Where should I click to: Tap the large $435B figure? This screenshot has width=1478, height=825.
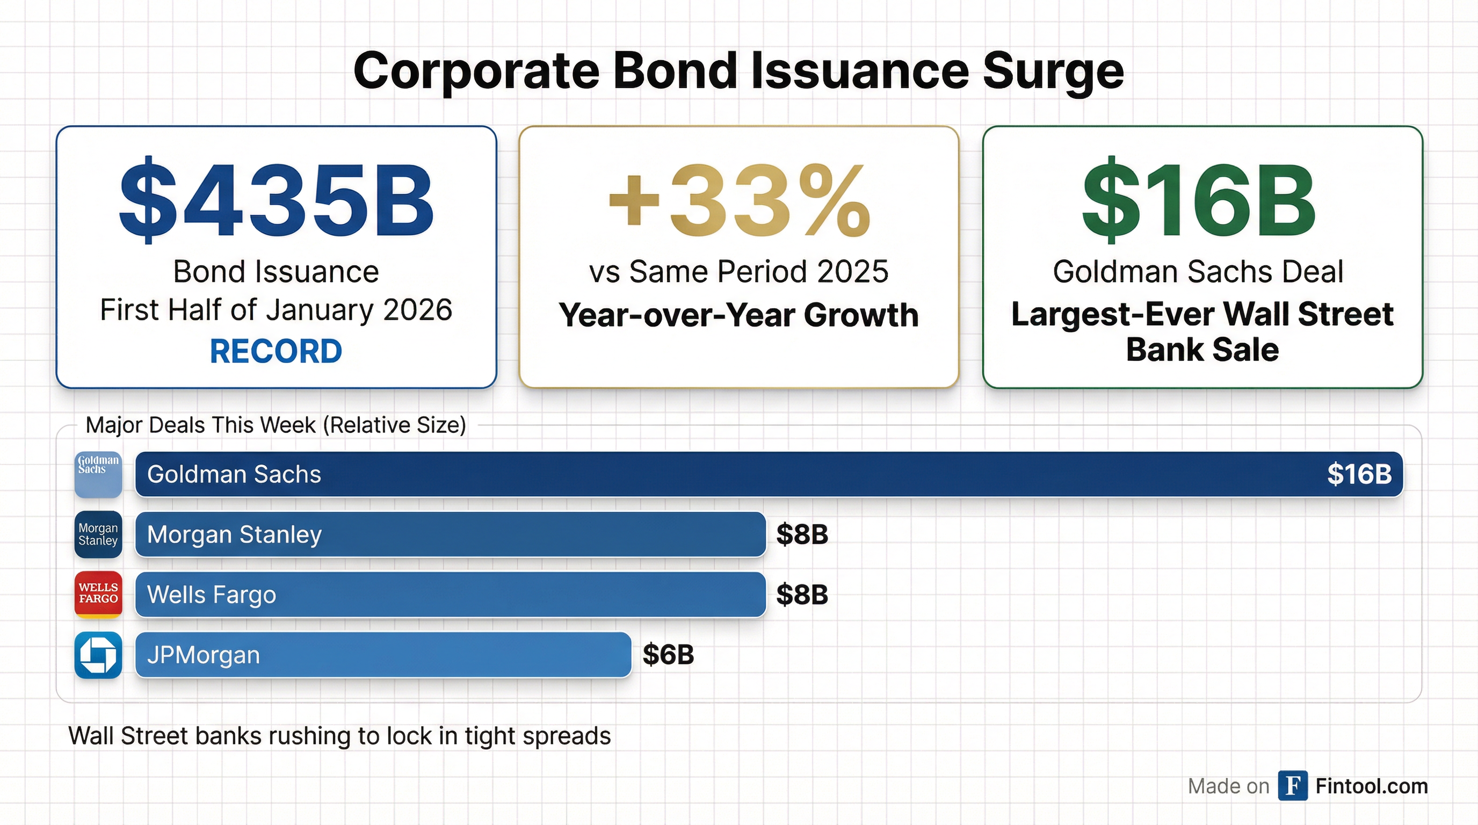click(x=276, y=201)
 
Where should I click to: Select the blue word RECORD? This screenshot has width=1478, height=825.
click(x=276, y=351)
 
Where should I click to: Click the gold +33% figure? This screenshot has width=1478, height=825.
click(x=739, y=201)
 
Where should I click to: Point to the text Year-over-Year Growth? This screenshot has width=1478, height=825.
click(x=739, y=315)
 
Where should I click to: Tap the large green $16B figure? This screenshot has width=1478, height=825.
click(x=1199, y=201)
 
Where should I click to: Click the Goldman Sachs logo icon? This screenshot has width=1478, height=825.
click(x=98, y=474)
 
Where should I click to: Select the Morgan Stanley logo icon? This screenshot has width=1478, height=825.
click(x=98, y=534)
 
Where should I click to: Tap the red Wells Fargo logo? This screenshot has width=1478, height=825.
click(x=98, y=595)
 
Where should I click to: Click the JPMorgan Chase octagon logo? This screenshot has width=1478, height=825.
click(x=98, y=655)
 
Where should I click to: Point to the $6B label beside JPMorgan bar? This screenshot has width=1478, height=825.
click(x=669, y=655)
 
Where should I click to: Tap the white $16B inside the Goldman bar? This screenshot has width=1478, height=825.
click(x=1359, y=474)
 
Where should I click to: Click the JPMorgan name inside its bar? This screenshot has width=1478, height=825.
click(x=204, y=655)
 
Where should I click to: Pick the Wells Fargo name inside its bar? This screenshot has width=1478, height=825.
click(x=212, y=595)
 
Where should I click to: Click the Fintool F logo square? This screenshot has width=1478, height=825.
click(x=1293, y=785)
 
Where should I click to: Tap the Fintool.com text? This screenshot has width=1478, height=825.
click(x=1371, y=786)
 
